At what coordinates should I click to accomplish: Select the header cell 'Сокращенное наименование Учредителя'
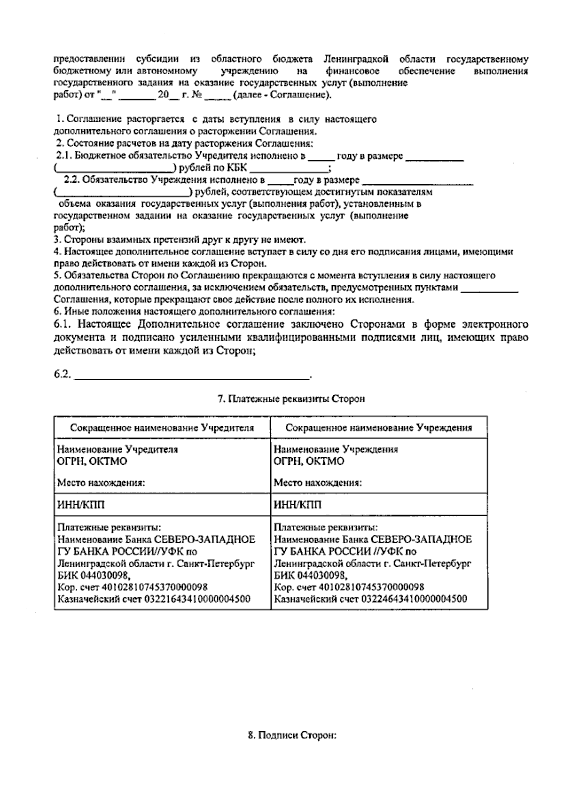(x=162, y=428)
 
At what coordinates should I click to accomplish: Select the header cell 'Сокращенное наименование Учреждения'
(x=379, y=428)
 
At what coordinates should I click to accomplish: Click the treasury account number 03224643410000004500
(x=414, y=599)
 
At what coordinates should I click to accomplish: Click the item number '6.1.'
(x=63, y=324)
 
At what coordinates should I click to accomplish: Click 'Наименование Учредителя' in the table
(x=117, y=449)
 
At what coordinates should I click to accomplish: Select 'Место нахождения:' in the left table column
(x=101, y=483)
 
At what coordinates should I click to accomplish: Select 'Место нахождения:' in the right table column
(x=318, y=483)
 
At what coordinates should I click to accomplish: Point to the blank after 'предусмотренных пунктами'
(x=489, y=288)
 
